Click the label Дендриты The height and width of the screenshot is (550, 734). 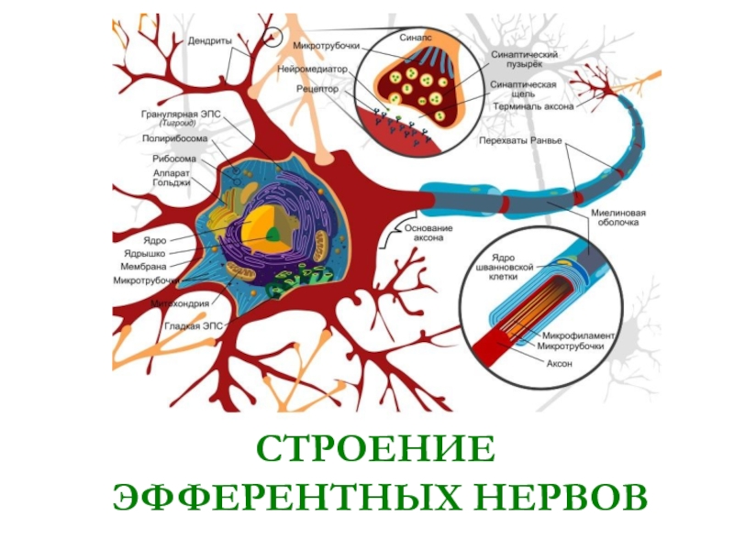pyautogui.click(x=209, y=41)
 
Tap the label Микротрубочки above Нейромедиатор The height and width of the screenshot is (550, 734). pyautogui.click(x=327, y=45)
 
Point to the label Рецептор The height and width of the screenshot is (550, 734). pyautogui.click(x=317, y=91)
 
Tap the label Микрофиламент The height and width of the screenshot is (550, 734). pyautogui.click(x=579, y=335)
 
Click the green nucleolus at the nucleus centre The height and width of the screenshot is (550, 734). pyautogui.click(x=273, y=234)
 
